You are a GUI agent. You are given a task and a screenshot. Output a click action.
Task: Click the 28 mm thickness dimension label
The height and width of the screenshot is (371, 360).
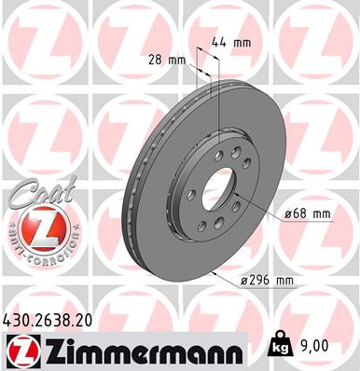[x=169, y=60]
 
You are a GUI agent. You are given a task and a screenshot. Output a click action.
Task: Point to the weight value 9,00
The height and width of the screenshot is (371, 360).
[x=316, y=345]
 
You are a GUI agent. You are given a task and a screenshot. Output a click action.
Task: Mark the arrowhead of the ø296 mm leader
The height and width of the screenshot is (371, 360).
[x=214, y=271]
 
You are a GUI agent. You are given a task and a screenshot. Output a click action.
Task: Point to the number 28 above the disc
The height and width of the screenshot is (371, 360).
[x=160, y=60]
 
